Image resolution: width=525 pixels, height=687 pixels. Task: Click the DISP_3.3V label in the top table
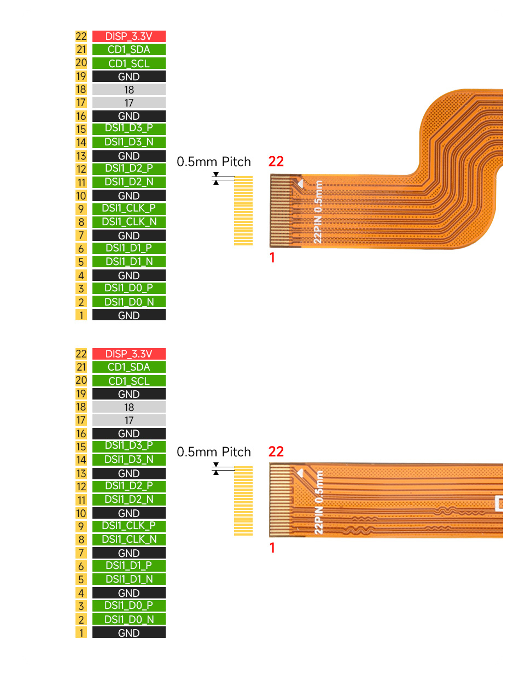pos(129,36)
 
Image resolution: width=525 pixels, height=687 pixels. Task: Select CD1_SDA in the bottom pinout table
pos(129,367)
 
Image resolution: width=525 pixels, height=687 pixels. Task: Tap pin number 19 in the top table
pos(81,77)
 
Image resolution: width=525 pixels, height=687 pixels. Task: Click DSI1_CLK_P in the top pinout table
pos(129,208)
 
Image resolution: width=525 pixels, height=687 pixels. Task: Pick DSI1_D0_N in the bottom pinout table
pos(129,619)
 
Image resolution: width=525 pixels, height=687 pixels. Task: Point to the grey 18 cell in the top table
pos(129,90)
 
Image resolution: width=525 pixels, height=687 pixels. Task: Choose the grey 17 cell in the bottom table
pos(129,420)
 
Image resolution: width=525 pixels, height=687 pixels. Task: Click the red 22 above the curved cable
pos(276,161)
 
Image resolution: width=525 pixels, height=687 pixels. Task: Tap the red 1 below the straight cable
pos(272,548)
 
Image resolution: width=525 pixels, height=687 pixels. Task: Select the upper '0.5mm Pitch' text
pos(214,162)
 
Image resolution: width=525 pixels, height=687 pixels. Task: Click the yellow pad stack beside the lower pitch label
pos(243,501)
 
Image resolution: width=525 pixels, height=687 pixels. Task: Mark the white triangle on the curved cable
pos(299,184)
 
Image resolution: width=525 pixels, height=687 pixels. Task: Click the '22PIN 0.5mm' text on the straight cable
pos(319,502)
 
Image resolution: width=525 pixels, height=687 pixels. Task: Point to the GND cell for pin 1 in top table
pos(129,315)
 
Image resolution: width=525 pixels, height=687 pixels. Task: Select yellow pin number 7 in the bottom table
pos(81,553)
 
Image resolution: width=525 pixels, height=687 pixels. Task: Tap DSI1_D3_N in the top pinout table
pos(129,142)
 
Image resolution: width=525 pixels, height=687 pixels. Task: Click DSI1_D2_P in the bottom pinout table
pos(129,486)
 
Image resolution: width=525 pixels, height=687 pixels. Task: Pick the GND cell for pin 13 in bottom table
pos(129,473)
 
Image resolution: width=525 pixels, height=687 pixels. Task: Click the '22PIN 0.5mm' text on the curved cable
pos(318,212)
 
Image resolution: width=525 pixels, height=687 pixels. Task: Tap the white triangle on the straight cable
pos(299,473)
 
